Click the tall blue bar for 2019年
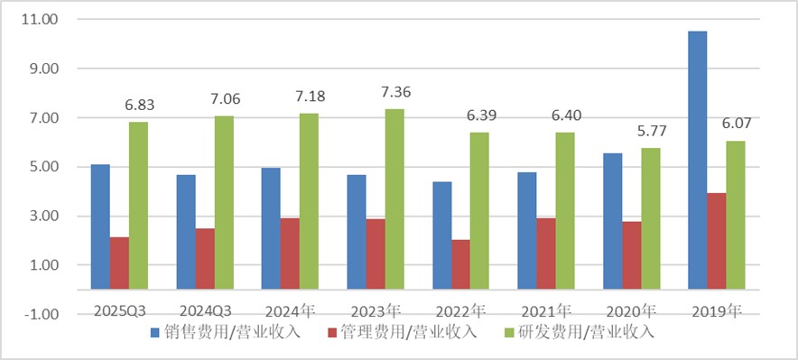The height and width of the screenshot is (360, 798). click(698, 161)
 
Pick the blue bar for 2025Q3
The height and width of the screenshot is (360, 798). click(100, 226)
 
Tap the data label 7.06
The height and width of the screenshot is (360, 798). click(224, 99)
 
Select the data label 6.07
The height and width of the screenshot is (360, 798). click(736, 125)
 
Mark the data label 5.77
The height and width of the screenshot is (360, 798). click(650, 132)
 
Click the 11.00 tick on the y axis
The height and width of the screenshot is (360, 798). click(39, 20)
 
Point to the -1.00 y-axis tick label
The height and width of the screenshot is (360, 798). click(39, 315)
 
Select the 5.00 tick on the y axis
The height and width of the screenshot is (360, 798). click(41, 167)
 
